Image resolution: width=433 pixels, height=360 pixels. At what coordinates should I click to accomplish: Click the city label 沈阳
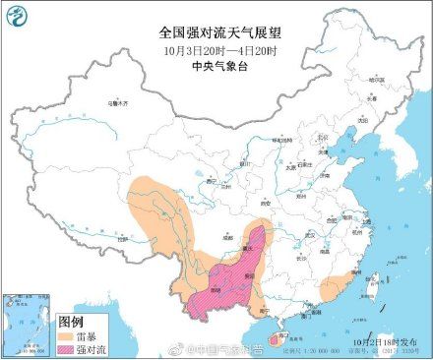[361, 119]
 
